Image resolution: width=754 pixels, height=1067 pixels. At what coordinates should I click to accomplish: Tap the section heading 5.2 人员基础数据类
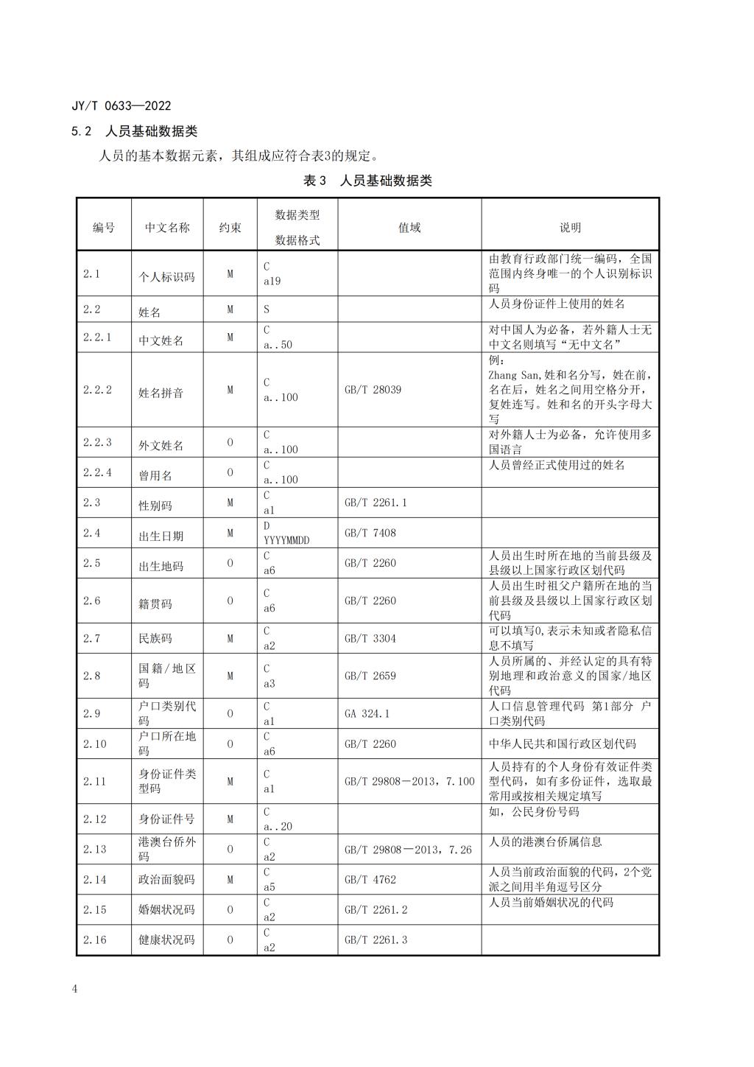click(x=135, y=131)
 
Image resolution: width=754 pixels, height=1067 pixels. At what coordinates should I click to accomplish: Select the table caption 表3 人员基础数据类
click(x=367, y=181)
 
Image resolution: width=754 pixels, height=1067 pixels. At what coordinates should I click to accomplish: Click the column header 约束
click(x=230, y=228)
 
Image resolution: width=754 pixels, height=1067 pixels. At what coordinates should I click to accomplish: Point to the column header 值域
click(x=409, y=228)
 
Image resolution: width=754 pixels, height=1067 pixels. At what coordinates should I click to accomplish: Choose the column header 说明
click(x=570, y=228)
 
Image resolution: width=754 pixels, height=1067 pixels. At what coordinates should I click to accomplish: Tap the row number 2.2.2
click(x=97, y=389)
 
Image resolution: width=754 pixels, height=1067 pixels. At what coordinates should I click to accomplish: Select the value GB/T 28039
click(x=373, y=389)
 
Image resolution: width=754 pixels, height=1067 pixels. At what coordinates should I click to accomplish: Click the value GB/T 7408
click(x=370, y=533)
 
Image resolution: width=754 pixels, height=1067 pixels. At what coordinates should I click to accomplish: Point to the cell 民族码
click(x=155, y=638)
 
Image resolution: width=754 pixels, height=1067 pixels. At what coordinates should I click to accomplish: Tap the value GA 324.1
click(x=367, y=713)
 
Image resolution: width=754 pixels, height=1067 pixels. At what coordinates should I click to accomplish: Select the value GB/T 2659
click(x=370, y=676)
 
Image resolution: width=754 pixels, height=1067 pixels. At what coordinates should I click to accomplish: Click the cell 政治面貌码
click(x=166, y=879)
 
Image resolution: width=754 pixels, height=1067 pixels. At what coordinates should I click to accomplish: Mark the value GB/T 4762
click(x=370, y=879)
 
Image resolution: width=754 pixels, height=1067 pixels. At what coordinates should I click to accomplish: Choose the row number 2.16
click(x=94, y=940)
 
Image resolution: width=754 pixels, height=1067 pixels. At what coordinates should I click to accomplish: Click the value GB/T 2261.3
click(x=376, y=940)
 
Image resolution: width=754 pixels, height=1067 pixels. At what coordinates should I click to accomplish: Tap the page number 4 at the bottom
click(x=74, y=989)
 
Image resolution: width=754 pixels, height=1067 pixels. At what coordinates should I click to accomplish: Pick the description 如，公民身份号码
click(x=534, y=811)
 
